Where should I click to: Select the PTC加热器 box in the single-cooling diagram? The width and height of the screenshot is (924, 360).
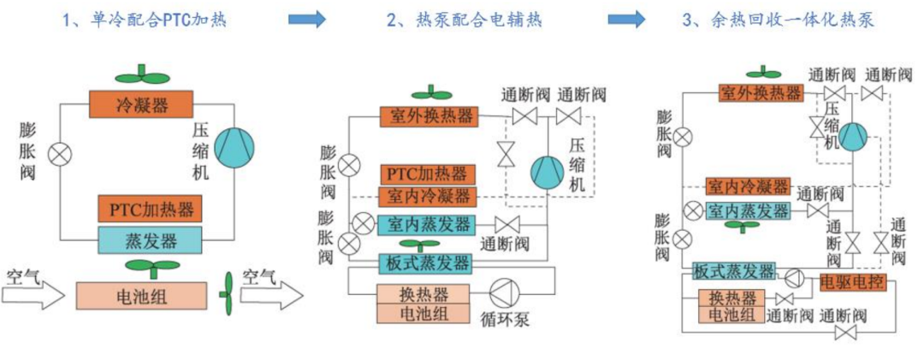tap(150, 209)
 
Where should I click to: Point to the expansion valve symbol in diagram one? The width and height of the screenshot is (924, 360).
tap(59, 155)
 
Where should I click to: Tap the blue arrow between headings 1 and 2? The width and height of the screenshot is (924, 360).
tap(308, 19)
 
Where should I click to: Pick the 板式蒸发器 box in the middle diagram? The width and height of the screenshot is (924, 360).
tap(425, 262)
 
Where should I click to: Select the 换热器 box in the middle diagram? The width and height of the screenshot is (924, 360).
tap(424, 294)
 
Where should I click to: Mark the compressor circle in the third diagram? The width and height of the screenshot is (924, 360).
tap(853, 136)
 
